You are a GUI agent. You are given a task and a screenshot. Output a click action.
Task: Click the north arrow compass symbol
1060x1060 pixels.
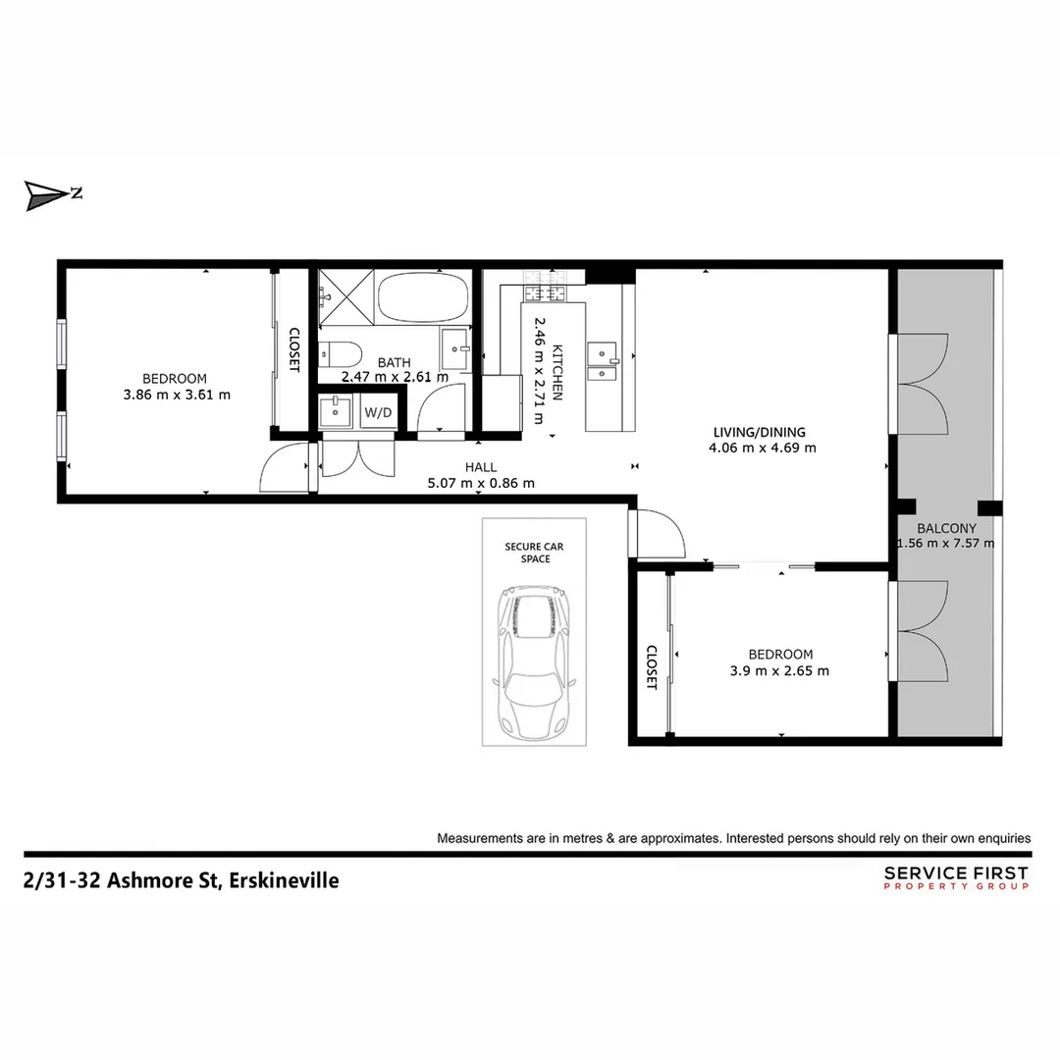(x=46, y=194)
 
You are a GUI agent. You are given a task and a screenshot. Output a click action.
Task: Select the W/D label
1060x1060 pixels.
(x=378, y=412)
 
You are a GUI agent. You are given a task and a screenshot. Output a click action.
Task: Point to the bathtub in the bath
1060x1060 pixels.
(x=423, y=295)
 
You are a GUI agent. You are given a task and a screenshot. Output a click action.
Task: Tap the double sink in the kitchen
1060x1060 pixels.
(x=602, y=359)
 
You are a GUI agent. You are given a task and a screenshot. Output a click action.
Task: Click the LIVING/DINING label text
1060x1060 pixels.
(x=759, y=432)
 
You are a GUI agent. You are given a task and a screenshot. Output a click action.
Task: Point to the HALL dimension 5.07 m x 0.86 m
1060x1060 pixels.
(x=481, y=483)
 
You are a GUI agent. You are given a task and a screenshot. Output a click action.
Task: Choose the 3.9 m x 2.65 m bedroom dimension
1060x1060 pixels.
(x=780, y=671)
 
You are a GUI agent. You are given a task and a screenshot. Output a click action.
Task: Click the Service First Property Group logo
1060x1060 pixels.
(x=956, y=877)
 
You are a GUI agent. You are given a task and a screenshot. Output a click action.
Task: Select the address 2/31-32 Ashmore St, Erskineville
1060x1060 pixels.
(x=181, y=880)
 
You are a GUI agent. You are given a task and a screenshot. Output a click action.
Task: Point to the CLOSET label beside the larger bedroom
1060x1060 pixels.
(x=293, y=348)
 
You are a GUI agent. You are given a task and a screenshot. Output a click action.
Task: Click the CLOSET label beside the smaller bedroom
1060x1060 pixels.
(x=651, y=667)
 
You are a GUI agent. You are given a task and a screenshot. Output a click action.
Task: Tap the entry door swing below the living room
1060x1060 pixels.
(x=661, y=536)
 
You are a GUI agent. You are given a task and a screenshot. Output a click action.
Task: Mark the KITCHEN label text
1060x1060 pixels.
(x=557, y=370)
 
